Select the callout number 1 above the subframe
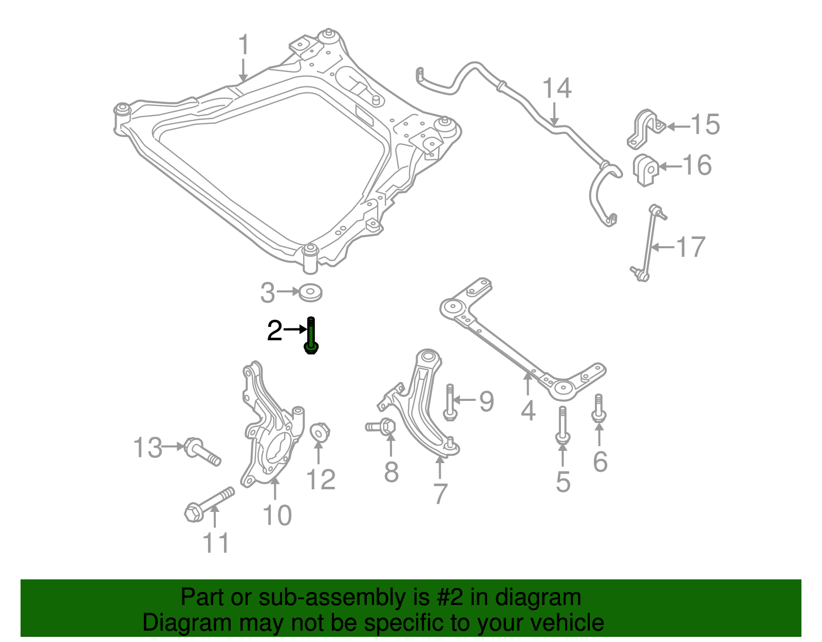pyautogui.click(x=244, y=46)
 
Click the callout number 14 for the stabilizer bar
pyautogui.click(x=557, y=89)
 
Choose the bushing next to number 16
pyautogui.click(x=645, y=170)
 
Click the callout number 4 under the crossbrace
pyautogui.click(x=528, y=410)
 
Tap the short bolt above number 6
pyautogui.click(x=599, y=409)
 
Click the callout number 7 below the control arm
pyautogui.click(x=440, y=494)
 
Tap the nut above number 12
pyautogui.click(x=320, y=432)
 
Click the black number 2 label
pyautogui.click(x=275, y=331)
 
